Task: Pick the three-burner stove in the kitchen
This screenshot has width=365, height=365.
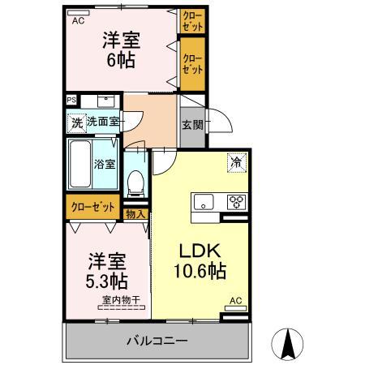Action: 237,202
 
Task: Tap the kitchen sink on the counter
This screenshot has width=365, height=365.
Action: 203,202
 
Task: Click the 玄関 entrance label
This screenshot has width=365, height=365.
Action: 192,125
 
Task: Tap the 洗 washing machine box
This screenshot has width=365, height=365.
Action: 75,124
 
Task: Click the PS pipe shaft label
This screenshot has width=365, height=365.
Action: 71,101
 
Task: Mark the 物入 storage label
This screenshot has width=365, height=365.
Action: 135,214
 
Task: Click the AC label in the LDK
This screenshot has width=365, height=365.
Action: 235,301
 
